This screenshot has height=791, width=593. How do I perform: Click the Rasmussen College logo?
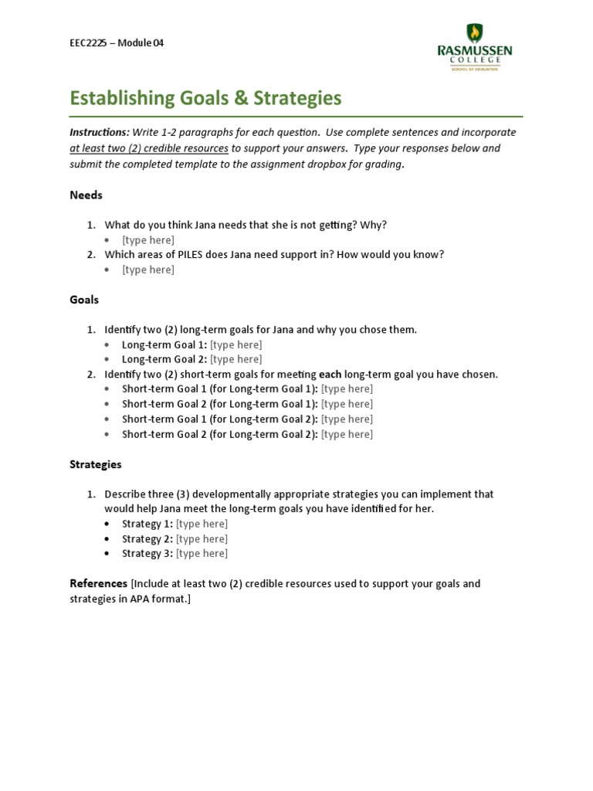[474, 48]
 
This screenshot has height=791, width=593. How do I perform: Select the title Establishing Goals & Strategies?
[205, 98]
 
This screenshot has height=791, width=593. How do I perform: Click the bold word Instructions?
[99, 132]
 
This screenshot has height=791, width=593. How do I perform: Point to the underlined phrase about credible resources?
[149, 148]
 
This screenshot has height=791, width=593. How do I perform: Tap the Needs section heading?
[86, 195]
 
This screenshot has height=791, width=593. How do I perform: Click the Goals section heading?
[84, 300]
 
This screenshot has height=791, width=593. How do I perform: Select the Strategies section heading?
[96, 465]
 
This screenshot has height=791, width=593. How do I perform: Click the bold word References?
[98, 583]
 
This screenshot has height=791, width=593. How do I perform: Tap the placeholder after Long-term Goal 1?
[236, 345]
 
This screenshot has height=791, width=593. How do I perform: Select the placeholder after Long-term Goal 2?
[236, 359]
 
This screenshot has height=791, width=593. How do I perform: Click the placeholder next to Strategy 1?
[202, 524]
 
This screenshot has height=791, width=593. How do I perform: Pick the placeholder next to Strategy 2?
[202, 539]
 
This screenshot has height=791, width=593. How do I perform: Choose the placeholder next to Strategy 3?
[202, 554]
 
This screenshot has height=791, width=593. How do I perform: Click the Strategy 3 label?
[147, 554]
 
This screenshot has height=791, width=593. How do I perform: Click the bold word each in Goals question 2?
[330, 375]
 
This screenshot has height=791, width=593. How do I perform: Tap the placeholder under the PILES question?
[148, 270]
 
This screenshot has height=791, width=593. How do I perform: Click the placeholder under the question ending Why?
[148, 240]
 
